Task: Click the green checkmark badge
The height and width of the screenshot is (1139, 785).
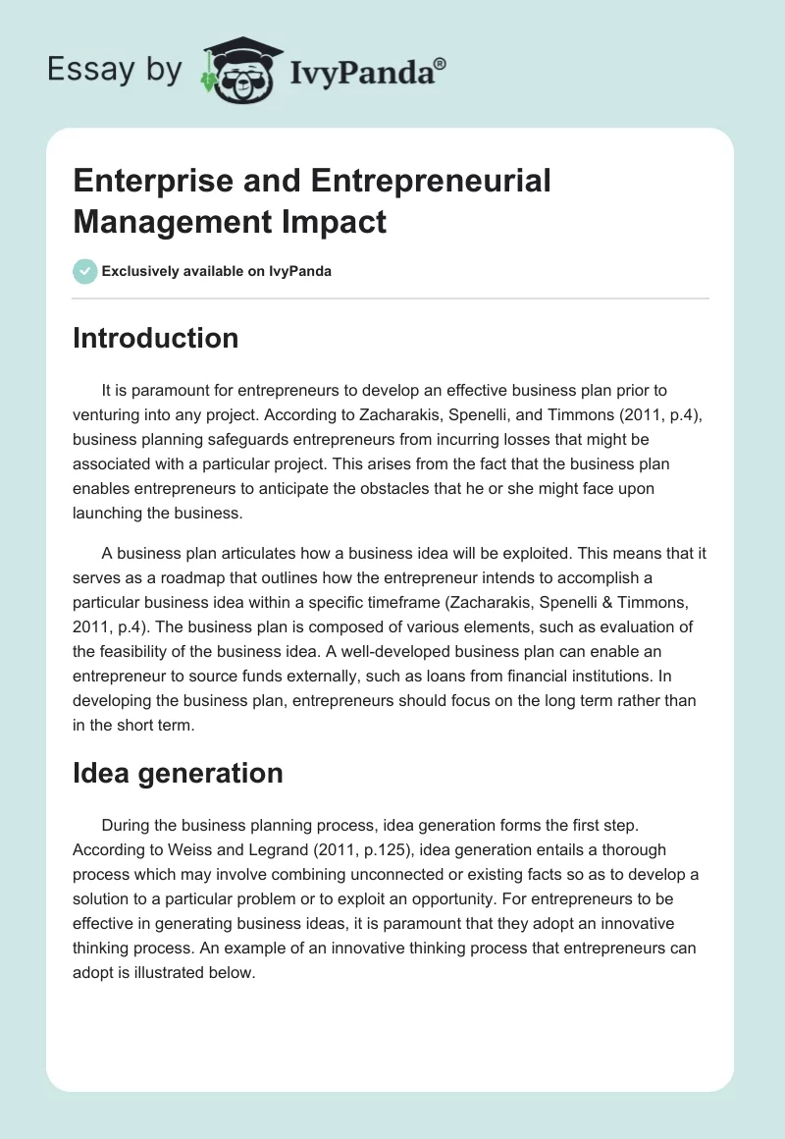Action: coord(85,271)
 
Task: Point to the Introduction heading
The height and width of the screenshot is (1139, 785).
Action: coord(156,338)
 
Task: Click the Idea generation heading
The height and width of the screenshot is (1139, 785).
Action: coord(178,773)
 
